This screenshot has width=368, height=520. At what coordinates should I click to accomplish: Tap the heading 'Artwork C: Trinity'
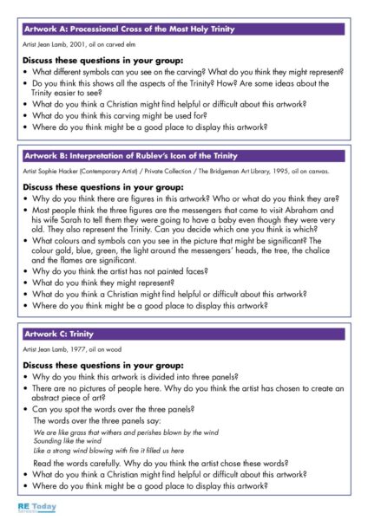point(58,334)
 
